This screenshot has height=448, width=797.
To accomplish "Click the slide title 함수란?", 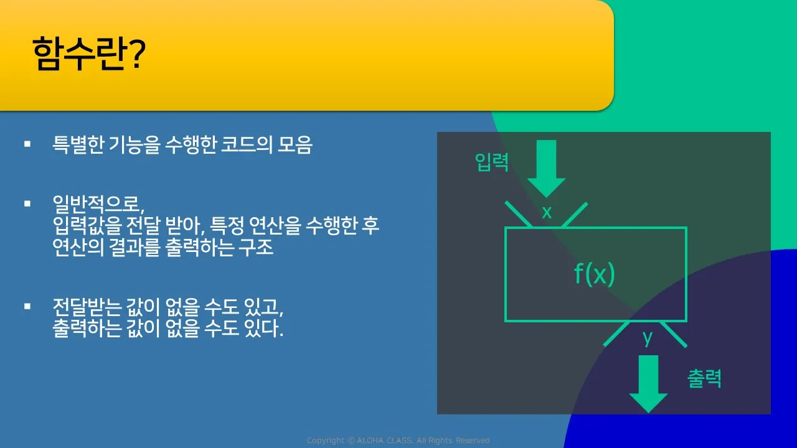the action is tap(89, 54).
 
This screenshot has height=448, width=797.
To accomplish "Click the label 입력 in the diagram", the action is tap(492, 162).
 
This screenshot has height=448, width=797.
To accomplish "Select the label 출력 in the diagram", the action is tap(704, 378).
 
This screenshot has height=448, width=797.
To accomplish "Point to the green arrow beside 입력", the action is tap(546, 169).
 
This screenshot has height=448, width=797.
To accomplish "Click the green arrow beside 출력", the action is tap(648, 384).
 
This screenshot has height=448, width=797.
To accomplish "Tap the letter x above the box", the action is tap(547, 212).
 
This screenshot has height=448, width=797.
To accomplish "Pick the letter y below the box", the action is tap(648, 338).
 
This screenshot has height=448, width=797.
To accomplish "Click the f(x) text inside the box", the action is tap(595, 274).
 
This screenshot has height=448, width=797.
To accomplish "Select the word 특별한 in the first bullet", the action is tap(78, 145).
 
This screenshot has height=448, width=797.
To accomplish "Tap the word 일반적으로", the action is tap(98, 204).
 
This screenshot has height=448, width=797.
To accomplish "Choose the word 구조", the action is tap(256, 247).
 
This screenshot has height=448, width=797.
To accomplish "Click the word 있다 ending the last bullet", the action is tap(263, 328).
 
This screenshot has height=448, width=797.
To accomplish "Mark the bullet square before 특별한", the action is tap(27, 144).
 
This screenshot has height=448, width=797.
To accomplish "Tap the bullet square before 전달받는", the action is tap(27, 306).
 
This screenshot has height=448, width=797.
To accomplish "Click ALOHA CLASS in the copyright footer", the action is tap(385, 441).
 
